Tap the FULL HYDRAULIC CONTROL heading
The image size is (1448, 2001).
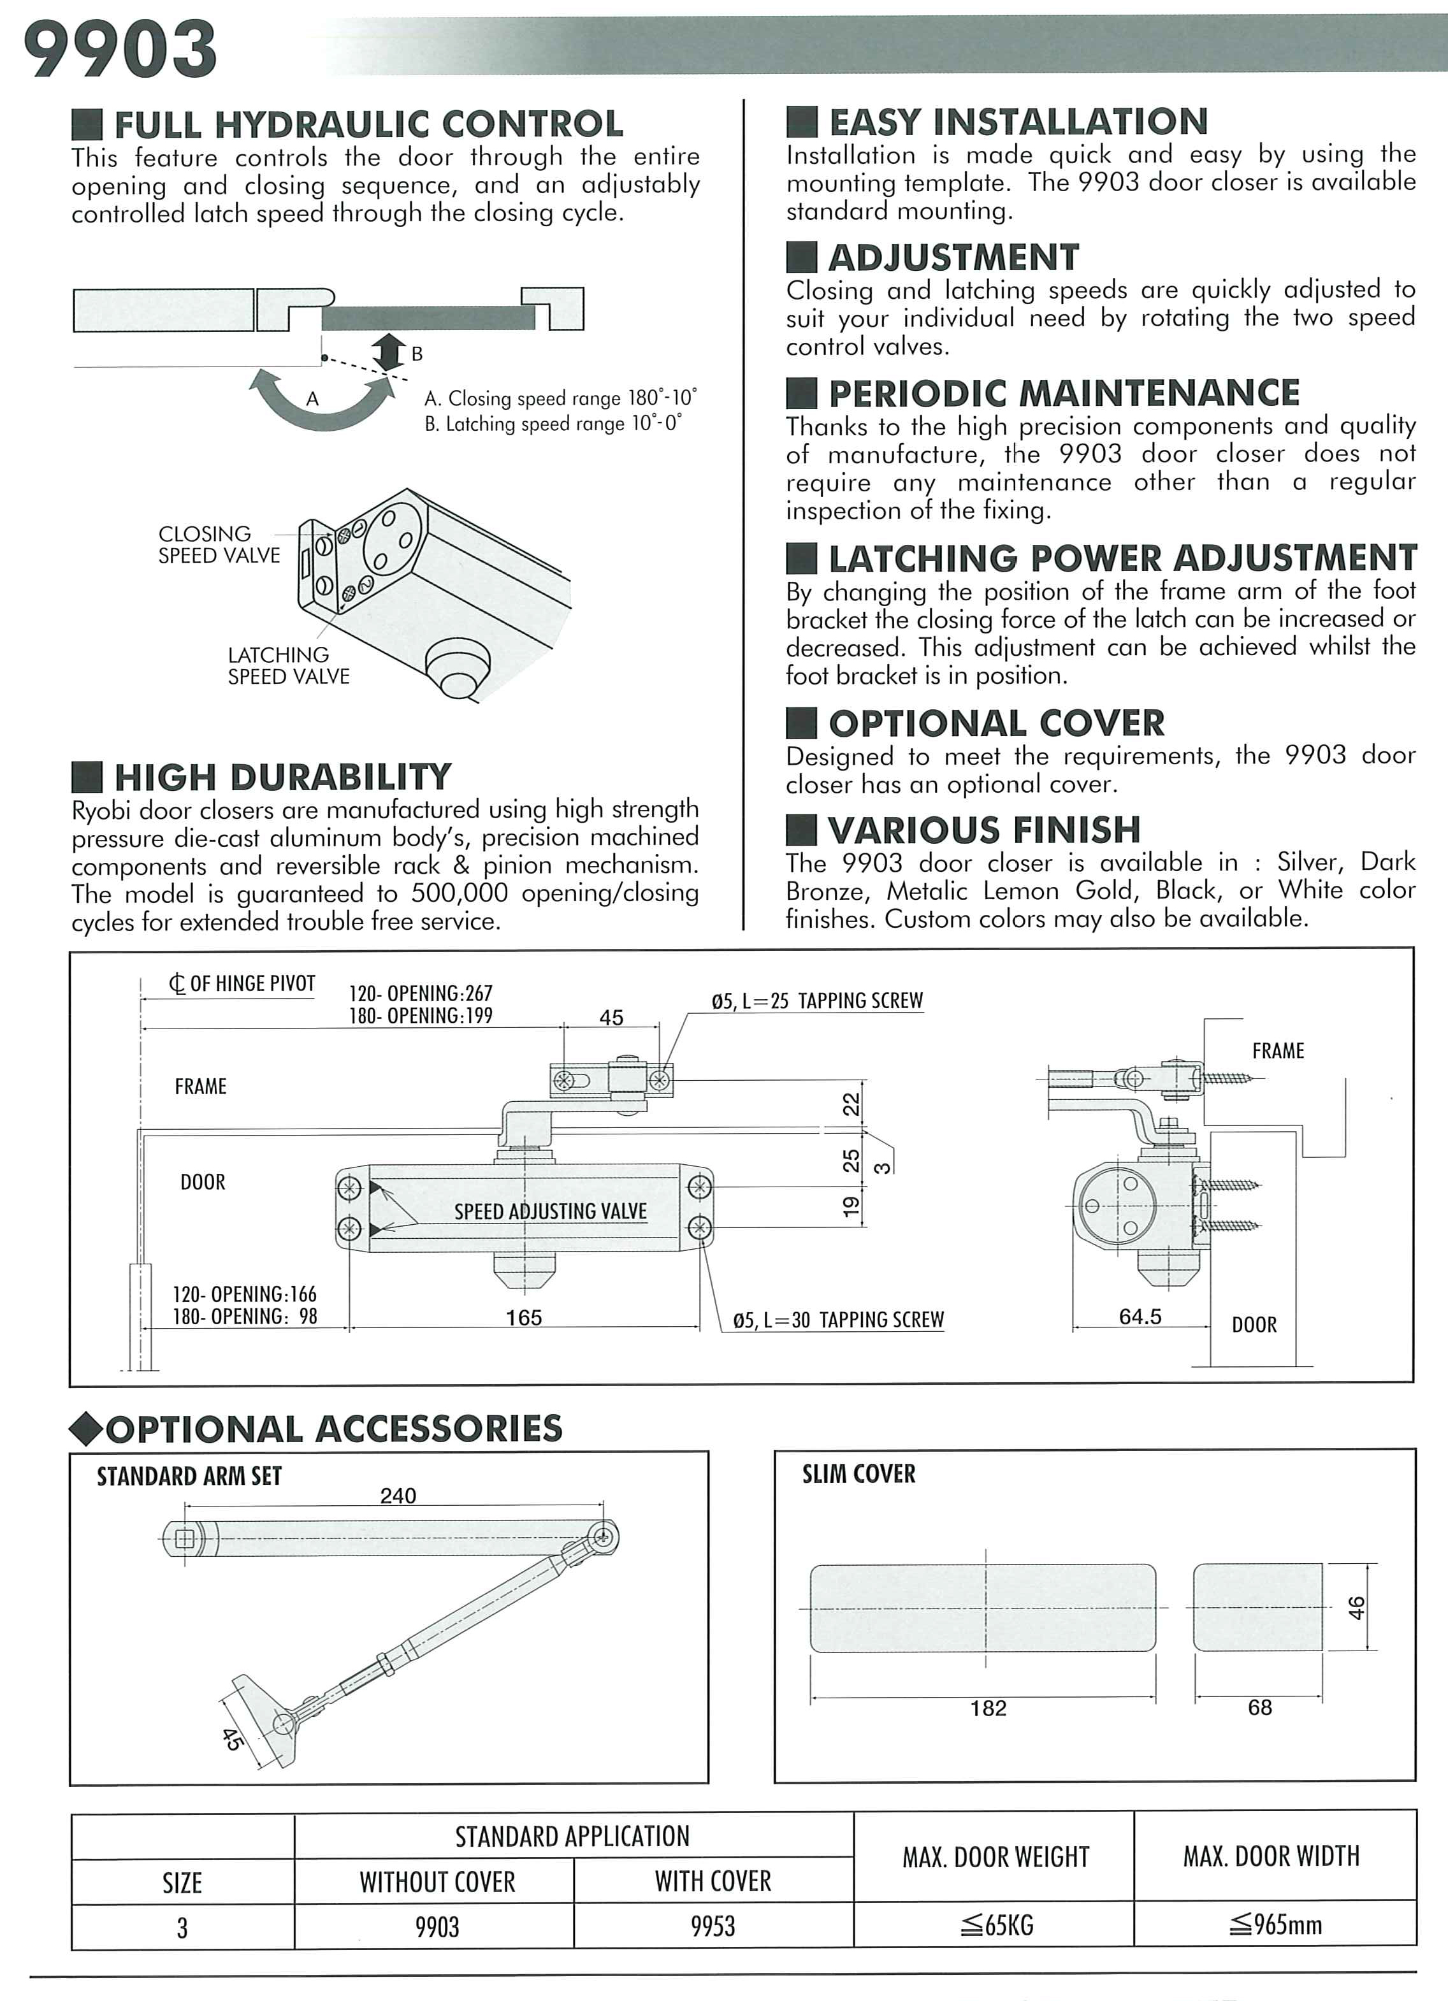tap(368, 124)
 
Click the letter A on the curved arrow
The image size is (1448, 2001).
tap(312, 400)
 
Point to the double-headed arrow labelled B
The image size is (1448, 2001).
tap(389, 353)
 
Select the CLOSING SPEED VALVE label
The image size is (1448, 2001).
tap(218, 544)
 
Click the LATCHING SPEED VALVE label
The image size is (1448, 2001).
tap(289, 665)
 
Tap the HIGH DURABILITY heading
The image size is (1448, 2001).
tap(282, 777)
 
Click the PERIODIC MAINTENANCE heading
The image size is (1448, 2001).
tap(1063, 393)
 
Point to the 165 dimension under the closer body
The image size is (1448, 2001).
tap(523, 1318)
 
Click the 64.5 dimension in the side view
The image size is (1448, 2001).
tap(1140, 1317)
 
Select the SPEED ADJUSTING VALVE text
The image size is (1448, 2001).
tap(551, 1211)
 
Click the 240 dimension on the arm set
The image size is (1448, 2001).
tap(398, 1496)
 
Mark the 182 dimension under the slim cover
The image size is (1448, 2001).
tap(988, 1708)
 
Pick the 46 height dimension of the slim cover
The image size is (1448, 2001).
tap(1356, 1608)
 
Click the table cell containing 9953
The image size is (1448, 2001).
tap(713, 1926)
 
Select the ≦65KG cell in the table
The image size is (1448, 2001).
tap(996, 1925)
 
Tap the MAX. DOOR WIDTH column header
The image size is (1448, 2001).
tap(1271, 1856)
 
